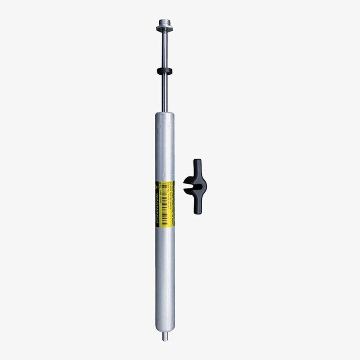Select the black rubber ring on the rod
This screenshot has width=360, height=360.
[164, 70]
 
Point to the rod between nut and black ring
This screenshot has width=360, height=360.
[164, 49]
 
